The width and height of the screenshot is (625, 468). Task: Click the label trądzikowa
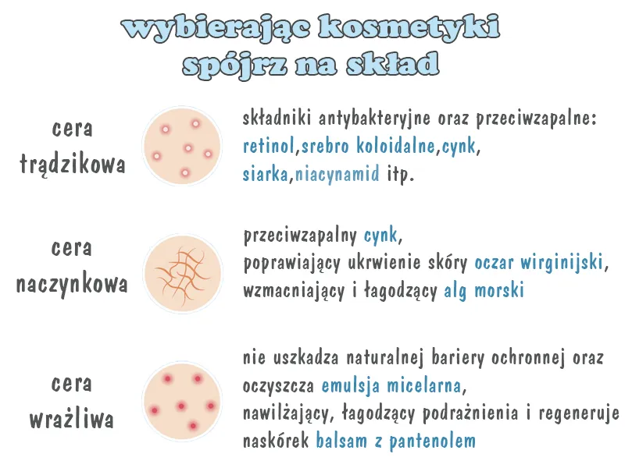tap(72, 165)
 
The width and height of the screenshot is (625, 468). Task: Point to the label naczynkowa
tap(72, 283)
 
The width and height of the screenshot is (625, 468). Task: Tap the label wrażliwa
tap(72, 420)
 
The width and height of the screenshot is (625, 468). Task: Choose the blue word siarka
tap(266, 173)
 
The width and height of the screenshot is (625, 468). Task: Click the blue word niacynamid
tap(337, 173)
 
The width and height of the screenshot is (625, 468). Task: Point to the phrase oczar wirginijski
tap(539, 262)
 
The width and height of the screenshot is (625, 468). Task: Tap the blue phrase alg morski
tap(484, 290)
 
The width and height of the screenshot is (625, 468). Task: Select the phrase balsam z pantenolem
tap(395, 441)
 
